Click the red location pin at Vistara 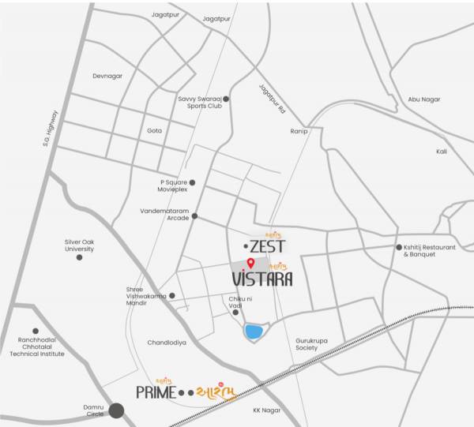pyautogui.click(x=250, y=263)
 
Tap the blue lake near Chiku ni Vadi pyautogui.click(x=254, y=331)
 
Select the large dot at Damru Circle pyautogui.click(x=117, y=410)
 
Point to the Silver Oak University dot pyautogui.click(x=79, y=257)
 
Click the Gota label pyautogui.click(x=154, y=130)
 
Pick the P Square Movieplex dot pyautogui.click(x=192, y=182)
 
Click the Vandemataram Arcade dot pyautogui.click(x=194, y=215)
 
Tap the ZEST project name pyautogui.click(x=267, y=246)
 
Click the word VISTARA pyautogui.click(x=262, y=279)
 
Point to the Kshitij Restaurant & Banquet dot pyautogui.click(x=399, y=247)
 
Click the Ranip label pyautogui.click(x=299, y=131)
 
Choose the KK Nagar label pyautogui.click(x=267, y=410)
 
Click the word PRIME pyautogui.click(x=155, y=391)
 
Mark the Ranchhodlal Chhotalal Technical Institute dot pyautogui.click(x=36, y=331)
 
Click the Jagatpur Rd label pyautogui.click(x=271, y=100)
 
